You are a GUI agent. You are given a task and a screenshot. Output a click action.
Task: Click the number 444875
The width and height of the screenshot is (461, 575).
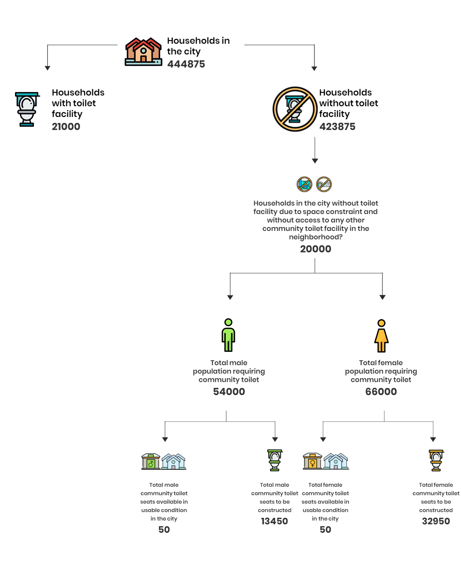point(186,64)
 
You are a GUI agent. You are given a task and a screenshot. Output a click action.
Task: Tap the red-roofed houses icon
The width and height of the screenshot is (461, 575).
point(143,51)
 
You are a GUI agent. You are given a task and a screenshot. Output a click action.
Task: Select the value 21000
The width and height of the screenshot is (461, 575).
point(66,127)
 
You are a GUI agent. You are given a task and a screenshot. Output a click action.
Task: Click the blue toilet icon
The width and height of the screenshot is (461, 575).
point(27,109)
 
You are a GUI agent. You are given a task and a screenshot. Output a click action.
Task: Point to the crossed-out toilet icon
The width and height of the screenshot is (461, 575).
point(295,109)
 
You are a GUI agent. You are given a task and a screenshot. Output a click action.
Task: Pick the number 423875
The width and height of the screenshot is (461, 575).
point(337,127)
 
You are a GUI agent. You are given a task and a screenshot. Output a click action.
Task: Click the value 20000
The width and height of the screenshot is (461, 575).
point(315,249)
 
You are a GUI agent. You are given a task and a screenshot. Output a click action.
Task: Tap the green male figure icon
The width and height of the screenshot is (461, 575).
point(228,335)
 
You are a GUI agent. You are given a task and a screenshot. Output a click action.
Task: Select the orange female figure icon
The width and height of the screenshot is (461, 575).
point(381,336)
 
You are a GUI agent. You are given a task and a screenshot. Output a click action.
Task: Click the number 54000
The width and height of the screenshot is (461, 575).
point(229,392)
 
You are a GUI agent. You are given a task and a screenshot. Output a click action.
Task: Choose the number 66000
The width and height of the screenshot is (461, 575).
point(381,392)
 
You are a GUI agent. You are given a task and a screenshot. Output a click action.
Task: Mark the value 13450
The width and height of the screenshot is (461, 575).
point(275,521)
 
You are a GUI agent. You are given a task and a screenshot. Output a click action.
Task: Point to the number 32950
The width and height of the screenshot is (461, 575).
point(436,521)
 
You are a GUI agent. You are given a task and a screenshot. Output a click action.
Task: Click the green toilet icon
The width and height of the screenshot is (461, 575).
point(275,460)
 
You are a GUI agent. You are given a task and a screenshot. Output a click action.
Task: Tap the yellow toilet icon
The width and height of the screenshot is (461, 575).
point(436,460)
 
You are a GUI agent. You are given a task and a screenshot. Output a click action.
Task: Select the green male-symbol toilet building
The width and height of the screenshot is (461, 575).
point(151,461)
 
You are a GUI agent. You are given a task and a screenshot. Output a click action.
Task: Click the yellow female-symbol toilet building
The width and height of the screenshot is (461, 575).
point(312,461)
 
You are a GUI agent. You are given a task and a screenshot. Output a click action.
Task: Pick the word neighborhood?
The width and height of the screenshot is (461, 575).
point(315,237)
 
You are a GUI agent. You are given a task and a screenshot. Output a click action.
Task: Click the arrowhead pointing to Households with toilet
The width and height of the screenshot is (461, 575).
point(47,68)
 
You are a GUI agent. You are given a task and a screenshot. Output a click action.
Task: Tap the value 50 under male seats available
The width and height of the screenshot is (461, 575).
point(164,530)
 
